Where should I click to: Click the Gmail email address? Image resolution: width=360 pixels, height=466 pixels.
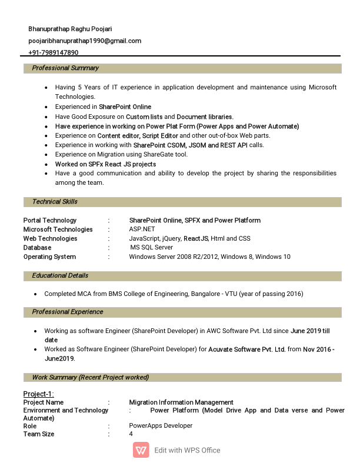(x=85, y=41)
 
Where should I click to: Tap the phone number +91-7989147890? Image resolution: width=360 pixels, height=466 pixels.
(x=54, y=52)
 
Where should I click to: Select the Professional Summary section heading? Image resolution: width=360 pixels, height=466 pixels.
(x=65, y=68)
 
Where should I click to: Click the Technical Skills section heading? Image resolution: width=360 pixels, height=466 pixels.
(x=55, y=202)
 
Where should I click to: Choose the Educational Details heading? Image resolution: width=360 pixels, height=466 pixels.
(x=60, y=275)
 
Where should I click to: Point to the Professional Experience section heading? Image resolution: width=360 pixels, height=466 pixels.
(x=67, y=312)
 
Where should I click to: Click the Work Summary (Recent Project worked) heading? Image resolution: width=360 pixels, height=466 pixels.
(x=90, y=377)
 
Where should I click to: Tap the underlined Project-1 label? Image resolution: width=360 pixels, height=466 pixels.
(x=38, y=394)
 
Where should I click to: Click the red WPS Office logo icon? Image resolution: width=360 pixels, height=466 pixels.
(x=141, y=450)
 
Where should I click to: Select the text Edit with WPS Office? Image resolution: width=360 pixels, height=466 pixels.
(x=187, y=450)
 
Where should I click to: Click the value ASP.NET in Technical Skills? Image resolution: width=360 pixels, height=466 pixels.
(x=142, y=229)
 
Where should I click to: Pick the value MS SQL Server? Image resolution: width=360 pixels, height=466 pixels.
(x=152, y=248)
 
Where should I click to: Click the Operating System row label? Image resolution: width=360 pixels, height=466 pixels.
(x=49, y=257)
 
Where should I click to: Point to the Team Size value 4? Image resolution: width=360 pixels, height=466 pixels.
(x=131, y=434)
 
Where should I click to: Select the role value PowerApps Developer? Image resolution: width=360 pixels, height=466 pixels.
(x=161, y=425)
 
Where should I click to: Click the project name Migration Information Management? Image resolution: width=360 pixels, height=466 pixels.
(x=181, y=402)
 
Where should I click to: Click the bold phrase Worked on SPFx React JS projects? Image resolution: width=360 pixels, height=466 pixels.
(x=106, y=164)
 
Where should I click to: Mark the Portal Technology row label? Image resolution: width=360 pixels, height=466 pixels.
(x=50, y=221)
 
